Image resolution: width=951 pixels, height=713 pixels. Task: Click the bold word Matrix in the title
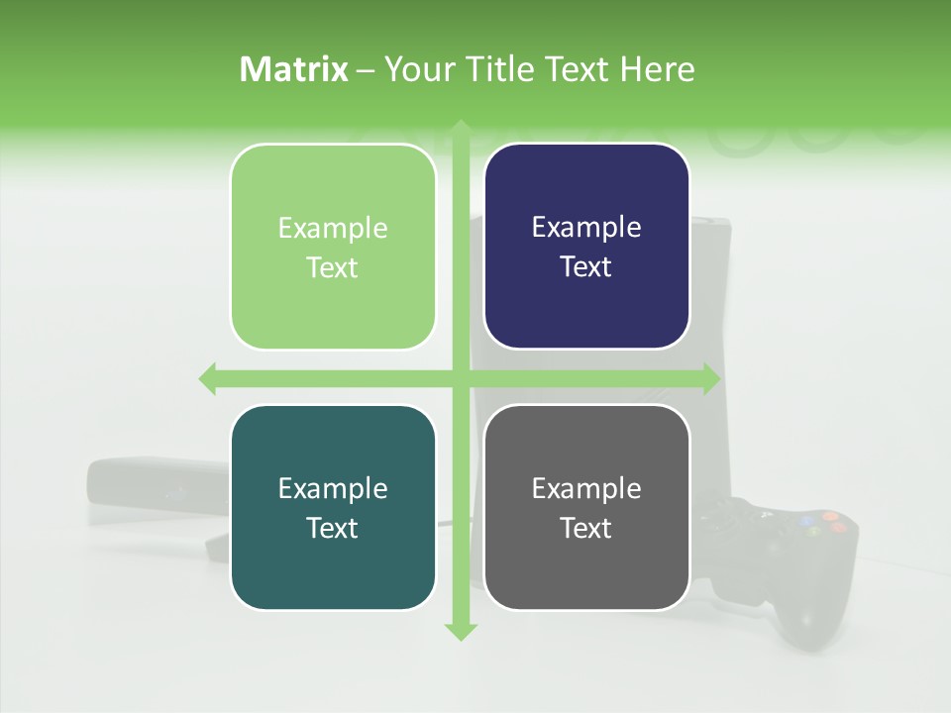(x=294, y=69)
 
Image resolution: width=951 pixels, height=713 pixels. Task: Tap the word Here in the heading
(x=658, y=69)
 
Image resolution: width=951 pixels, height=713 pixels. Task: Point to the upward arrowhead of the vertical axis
(x=460, y=129)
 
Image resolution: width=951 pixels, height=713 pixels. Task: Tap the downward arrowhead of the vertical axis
(x=460, y=631)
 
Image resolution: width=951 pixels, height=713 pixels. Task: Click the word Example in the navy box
(x=586, y=228)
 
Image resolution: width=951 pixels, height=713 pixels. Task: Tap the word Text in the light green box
(x=333, y=268)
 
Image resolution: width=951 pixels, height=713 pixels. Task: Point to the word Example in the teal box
(x=333, y=488)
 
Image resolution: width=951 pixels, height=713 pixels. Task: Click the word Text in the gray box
(x=586, y=529)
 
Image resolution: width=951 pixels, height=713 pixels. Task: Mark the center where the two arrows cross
(x=460, y=379)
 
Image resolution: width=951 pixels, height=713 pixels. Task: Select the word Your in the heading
(x=415, y=69)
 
